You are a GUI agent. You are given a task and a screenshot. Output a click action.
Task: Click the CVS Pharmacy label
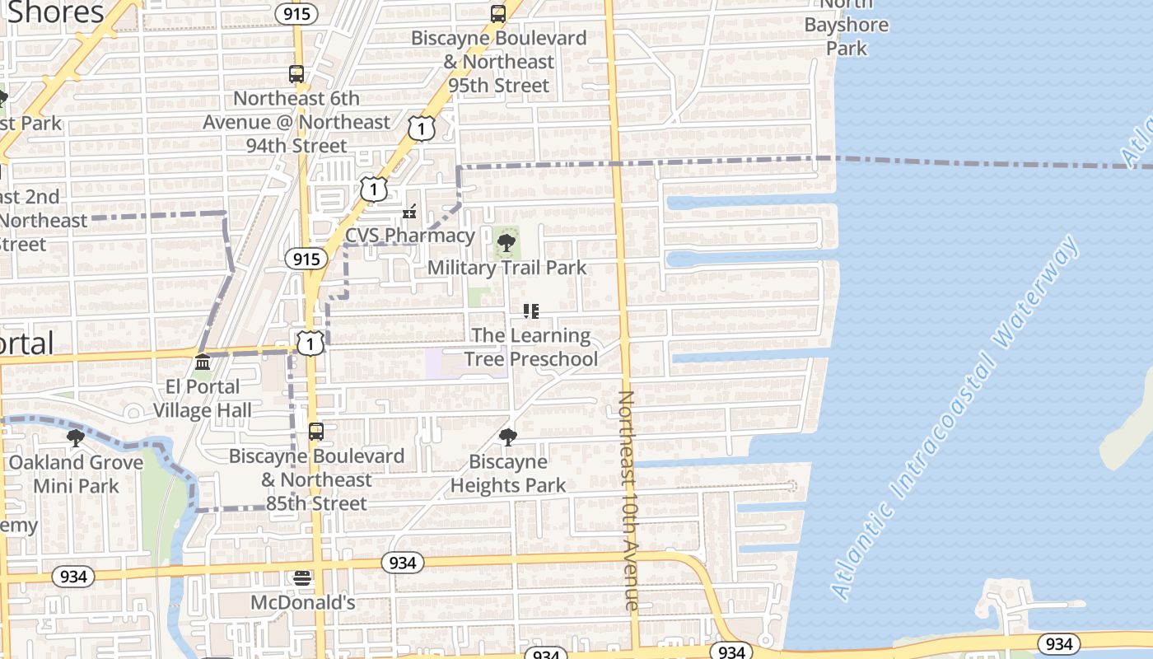click(x=410, y=236)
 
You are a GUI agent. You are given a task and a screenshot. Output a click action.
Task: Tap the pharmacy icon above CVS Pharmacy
click(x=409, y=213)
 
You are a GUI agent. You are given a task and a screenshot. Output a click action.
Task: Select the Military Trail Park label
click(x=506, y=268)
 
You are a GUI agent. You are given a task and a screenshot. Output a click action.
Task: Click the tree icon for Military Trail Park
click(x=506, y=243)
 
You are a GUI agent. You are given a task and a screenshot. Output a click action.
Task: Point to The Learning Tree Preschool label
click(x=531, y=348)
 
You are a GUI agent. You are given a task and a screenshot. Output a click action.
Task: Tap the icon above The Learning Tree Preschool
click(x=531, y=311)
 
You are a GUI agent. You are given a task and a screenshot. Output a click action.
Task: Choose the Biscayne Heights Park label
click(x=508, y=474)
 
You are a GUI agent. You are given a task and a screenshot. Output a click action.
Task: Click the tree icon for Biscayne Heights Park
click(x=508, y=437)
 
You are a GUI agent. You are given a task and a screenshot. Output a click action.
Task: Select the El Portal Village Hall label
click(x=203, y=399)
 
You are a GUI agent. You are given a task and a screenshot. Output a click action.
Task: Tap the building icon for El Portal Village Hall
click(x=203, y=362)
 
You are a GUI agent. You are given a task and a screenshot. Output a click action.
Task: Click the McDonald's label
click(x=303, y=603)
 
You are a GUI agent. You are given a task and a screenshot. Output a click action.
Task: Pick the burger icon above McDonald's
click(x=303, y=578)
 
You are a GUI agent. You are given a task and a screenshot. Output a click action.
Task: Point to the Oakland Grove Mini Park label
click(x=76, y=474)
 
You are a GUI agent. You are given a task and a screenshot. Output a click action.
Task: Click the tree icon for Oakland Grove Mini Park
click(x=76, y=437)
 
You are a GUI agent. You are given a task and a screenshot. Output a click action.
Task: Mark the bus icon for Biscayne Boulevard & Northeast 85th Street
click(x=316, y=431)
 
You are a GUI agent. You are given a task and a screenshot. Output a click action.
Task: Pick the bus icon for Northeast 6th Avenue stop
click(x=296, y=73)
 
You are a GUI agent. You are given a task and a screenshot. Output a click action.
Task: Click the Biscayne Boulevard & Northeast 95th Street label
click(x=499, y=62)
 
